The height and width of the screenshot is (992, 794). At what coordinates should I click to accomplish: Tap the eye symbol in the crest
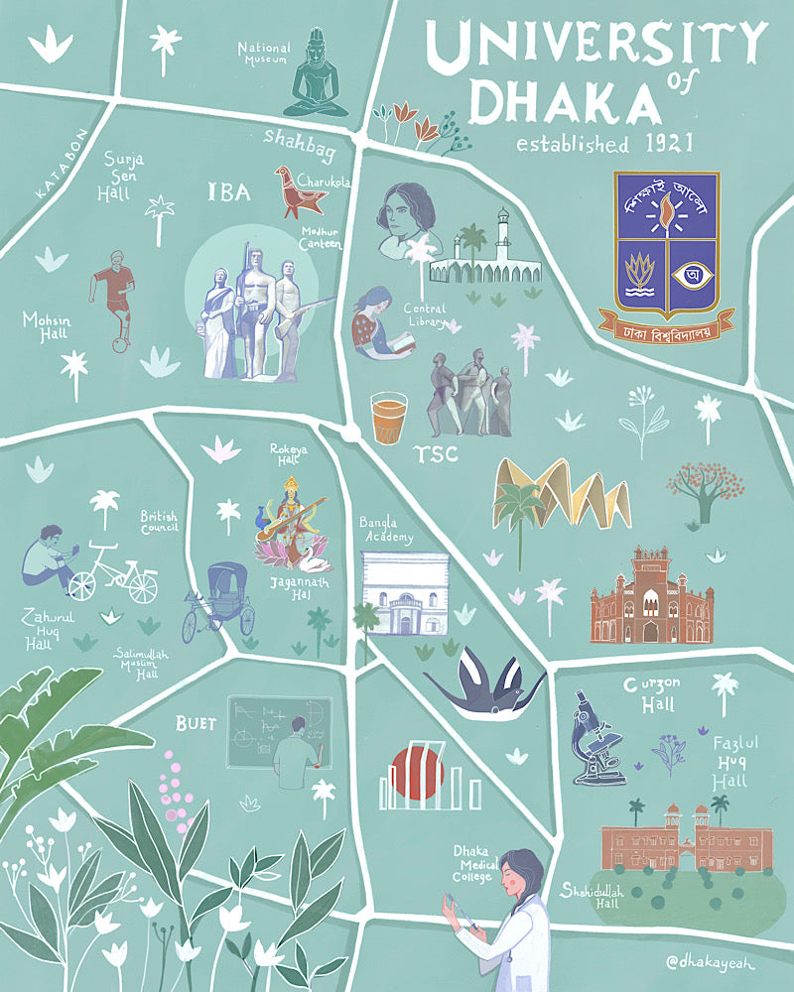[x=691, y=272]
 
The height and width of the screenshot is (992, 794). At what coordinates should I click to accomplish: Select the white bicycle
[x=113, y=572]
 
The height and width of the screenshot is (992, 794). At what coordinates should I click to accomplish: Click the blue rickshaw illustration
[x=218, y=600]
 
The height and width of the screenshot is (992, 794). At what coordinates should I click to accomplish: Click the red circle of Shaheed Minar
[x=417, y=773]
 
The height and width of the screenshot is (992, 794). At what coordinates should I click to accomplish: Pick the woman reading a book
[x=375, y=321]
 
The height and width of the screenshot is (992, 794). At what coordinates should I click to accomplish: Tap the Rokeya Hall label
[x=290, y=455]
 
